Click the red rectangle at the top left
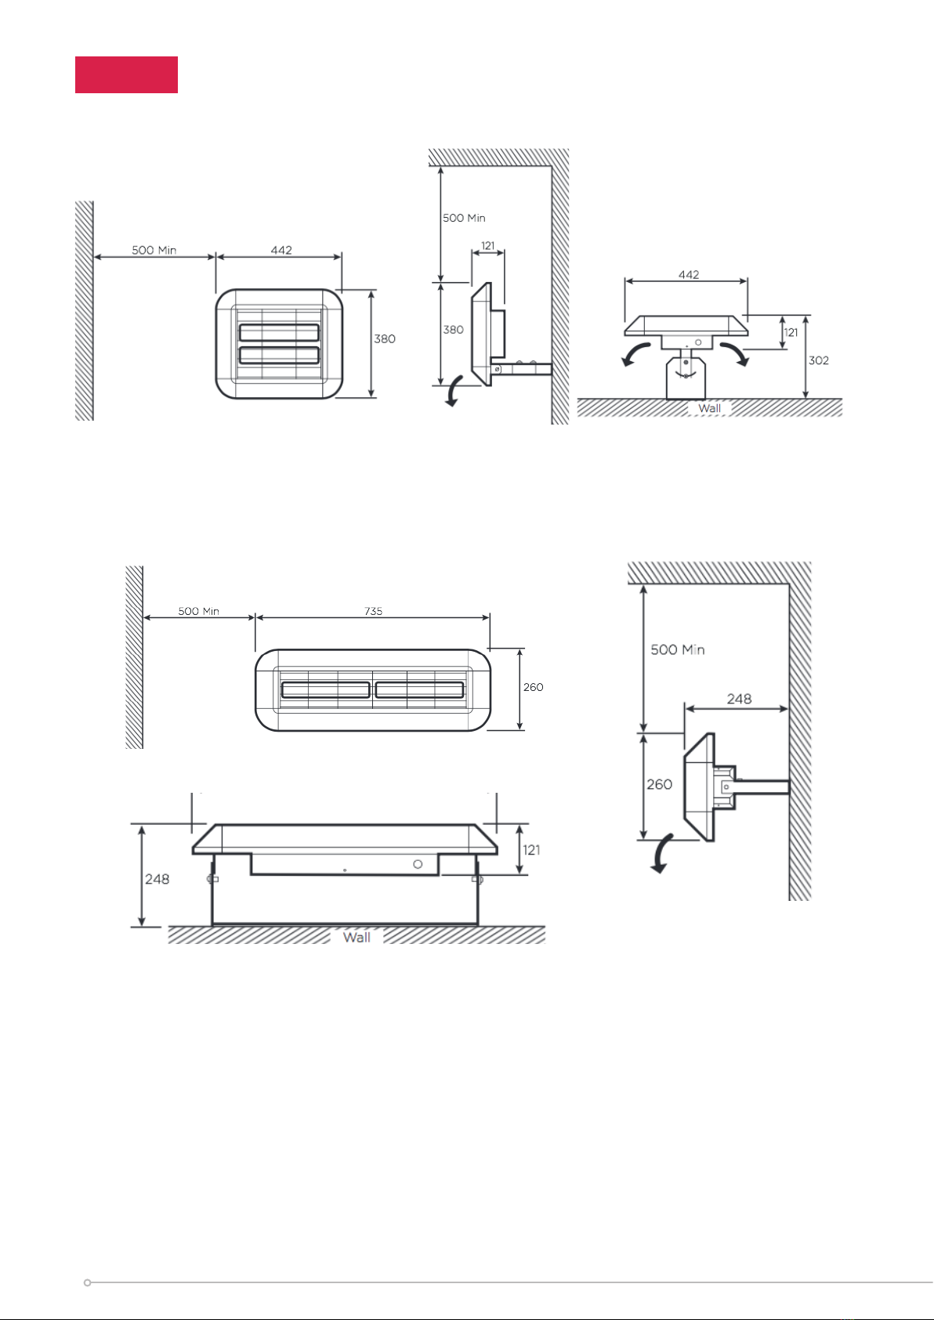(126, 75)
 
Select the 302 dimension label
(819, 360)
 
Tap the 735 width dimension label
(374, 611)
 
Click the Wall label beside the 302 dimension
(709, 408)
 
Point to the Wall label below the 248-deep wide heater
(357, 937)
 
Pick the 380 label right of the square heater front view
(385, 339)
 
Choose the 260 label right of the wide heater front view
(534, 687)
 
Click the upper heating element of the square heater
(279, 332)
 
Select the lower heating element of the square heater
(279, 355)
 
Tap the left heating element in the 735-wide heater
(325, 689)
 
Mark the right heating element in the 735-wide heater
(419, 689)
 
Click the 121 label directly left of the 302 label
(791, 332)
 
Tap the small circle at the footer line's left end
(87, 1282)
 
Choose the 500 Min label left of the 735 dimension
(198, 611)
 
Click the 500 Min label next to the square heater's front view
(154, 250)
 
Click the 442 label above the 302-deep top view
(689, 275)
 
